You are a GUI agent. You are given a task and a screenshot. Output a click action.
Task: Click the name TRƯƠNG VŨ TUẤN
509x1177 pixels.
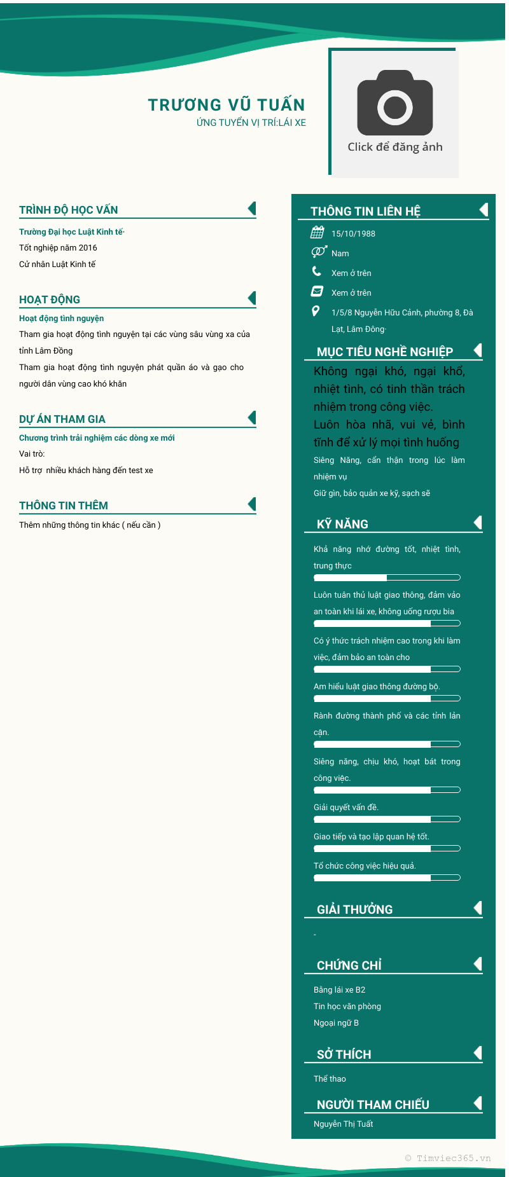[227, 105]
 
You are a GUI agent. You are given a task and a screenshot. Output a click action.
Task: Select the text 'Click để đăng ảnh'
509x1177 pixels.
[395, 147]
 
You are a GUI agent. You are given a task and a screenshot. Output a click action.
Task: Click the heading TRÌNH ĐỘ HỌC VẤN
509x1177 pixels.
[69, 210]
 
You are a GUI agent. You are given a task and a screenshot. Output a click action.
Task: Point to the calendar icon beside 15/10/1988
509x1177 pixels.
[317, 232]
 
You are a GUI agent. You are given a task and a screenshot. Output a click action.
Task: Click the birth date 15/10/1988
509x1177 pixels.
[353, 233]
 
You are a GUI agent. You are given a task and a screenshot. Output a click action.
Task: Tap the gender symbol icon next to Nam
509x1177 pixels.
[319, 252]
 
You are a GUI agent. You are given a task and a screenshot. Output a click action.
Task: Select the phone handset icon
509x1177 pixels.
[317, 272]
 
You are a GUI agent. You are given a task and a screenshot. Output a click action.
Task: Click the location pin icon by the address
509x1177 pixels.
[316, 311]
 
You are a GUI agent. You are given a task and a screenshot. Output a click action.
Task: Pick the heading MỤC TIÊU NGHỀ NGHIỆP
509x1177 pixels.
[385, 352]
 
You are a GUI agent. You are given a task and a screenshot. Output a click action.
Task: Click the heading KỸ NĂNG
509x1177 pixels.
[343, 524]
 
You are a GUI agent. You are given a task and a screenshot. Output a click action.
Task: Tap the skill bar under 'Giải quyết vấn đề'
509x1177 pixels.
[387, 819]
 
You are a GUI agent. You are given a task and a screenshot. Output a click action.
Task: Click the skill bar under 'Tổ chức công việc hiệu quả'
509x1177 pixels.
[387, 878]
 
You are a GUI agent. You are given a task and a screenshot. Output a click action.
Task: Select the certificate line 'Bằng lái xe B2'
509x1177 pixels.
[340, 989]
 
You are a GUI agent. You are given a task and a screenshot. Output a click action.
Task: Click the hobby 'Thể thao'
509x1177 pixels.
[330, 1078]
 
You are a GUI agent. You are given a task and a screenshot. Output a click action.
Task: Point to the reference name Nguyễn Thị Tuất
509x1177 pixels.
[344, 1124]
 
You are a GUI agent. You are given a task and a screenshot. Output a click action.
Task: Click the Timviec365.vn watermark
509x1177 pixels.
[448, 1158]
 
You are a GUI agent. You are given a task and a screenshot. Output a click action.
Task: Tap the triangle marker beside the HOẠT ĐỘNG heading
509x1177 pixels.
[252, 298]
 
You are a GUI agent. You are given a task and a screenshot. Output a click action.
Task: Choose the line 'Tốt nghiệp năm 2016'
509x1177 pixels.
[58, 248]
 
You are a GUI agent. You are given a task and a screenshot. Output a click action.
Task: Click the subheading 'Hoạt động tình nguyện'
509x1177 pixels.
[61, 318]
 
